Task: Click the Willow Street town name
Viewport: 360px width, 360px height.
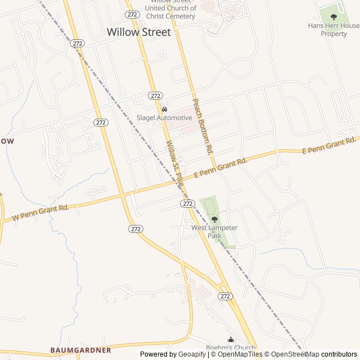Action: click(138, 32)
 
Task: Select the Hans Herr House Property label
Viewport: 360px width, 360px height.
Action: click(334, 30)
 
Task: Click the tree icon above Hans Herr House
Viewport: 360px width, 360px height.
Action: click(334, 17)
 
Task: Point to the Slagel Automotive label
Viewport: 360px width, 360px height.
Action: click(164, 118)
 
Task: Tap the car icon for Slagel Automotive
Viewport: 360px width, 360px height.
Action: click(164, 109)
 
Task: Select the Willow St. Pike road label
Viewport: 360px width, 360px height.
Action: click(175, 164)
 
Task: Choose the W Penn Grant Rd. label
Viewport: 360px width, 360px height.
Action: click(40, 212)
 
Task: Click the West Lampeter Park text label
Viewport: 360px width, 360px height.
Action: click(214, 232)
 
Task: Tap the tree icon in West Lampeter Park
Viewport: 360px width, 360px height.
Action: click(214, 219)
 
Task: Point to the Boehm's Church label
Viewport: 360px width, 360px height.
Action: click(231, 348)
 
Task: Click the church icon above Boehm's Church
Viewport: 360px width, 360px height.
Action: click(231, 339)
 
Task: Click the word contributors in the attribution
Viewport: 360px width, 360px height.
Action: click(339, 354)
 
